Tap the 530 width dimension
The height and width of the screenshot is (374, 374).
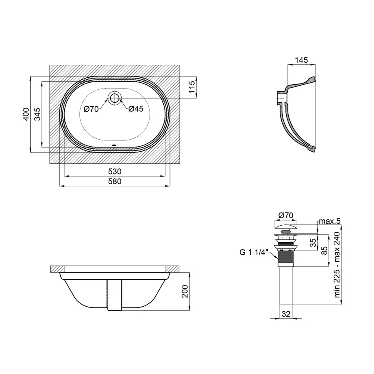click(115, 172)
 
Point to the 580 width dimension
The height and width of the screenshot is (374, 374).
click(115, 182)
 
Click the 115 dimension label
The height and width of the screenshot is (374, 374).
click(192, 87)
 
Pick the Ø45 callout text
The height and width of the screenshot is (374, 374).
click(136, 109)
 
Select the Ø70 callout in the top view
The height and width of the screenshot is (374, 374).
click(91, 109)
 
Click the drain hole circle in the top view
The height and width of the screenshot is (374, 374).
click(115, 98)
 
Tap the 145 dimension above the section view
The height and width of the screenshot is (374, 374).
click(301, 60)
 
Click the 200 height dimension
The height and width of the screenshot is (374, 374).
click(185, 291)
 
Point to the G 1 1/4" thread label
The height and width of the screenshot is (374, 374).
click(254, 252)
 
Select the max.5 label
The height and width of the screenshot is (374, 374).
click(330, 221)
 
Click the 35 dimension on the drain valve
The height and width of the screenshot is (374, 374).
click(313, 243)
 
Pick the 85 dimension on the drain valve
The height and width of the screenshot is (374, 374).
click(325, 251)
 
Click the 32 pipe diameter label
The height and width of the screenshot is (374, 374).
click(286, 314)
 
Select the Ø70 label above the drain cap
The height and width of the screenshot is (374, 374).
click(286, 216)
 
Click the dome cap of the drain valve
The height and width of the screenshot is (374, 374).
click(286, 224)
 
